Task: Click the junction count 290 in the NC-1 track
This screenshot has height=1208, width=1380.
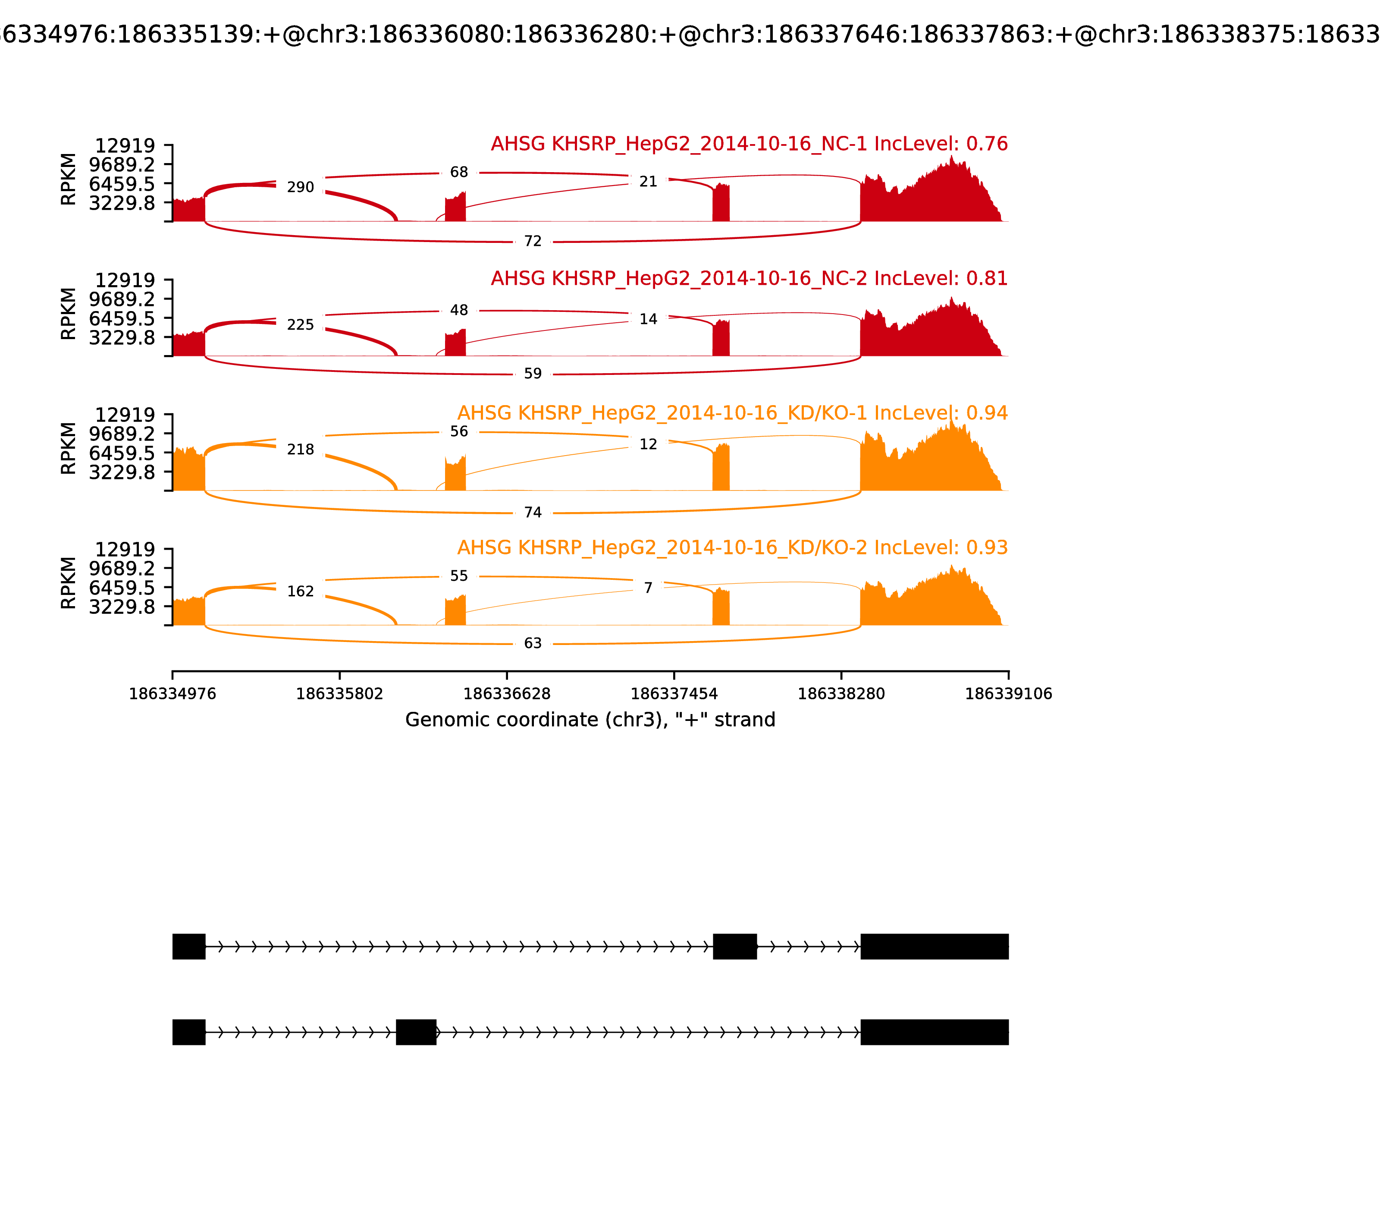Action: coord(301,187)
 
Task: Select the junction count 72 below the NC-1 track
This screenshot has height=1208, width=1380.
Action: coord(532,241)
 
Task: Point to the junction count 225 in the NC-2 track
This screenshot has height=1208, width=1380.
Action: coord(301,325)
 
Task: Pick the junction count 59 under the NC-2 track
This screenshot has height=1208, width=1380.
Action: coord(532,374)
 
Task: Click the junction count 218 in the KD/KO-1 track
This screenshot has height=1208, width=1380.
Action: coord(301,450)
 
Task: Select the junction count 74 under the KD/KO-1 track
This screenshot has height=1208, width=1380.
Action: coord(532,513)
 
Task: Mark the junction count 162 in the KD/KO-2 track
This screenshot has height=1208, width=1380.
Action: coord(301,591)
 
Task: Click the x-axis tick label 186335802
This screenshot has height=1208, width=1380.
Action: coord(340,694)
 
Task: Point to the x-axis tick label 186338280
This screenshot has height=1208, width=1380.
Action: coord(841,694)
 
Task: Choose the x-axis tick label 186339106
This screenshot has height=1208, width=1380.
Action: coord(1008,694)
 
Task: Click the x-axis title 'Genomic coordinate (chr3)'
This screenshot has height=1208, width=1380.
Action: coord(590,720)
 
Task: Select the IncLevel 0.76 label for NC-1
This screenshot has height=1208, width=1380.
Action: coord(749,144)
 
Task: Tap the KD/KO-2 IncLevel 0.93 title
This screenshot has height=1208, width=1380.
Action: coord(732,547)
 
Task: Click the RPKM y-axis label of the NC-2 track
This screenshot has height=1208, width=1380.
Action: coord(69,314)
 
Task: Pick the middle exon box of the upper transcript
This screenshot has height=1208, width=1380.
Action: coord(734,947)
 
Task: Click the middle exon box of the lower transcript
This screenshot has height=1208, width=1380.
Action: coord(416,1032)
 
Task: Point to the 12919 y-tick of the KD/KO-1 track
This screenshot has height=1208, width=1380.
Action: coord(125,415)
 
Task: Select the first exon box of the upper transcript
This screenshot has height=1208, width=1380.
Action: coord(189,947)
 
